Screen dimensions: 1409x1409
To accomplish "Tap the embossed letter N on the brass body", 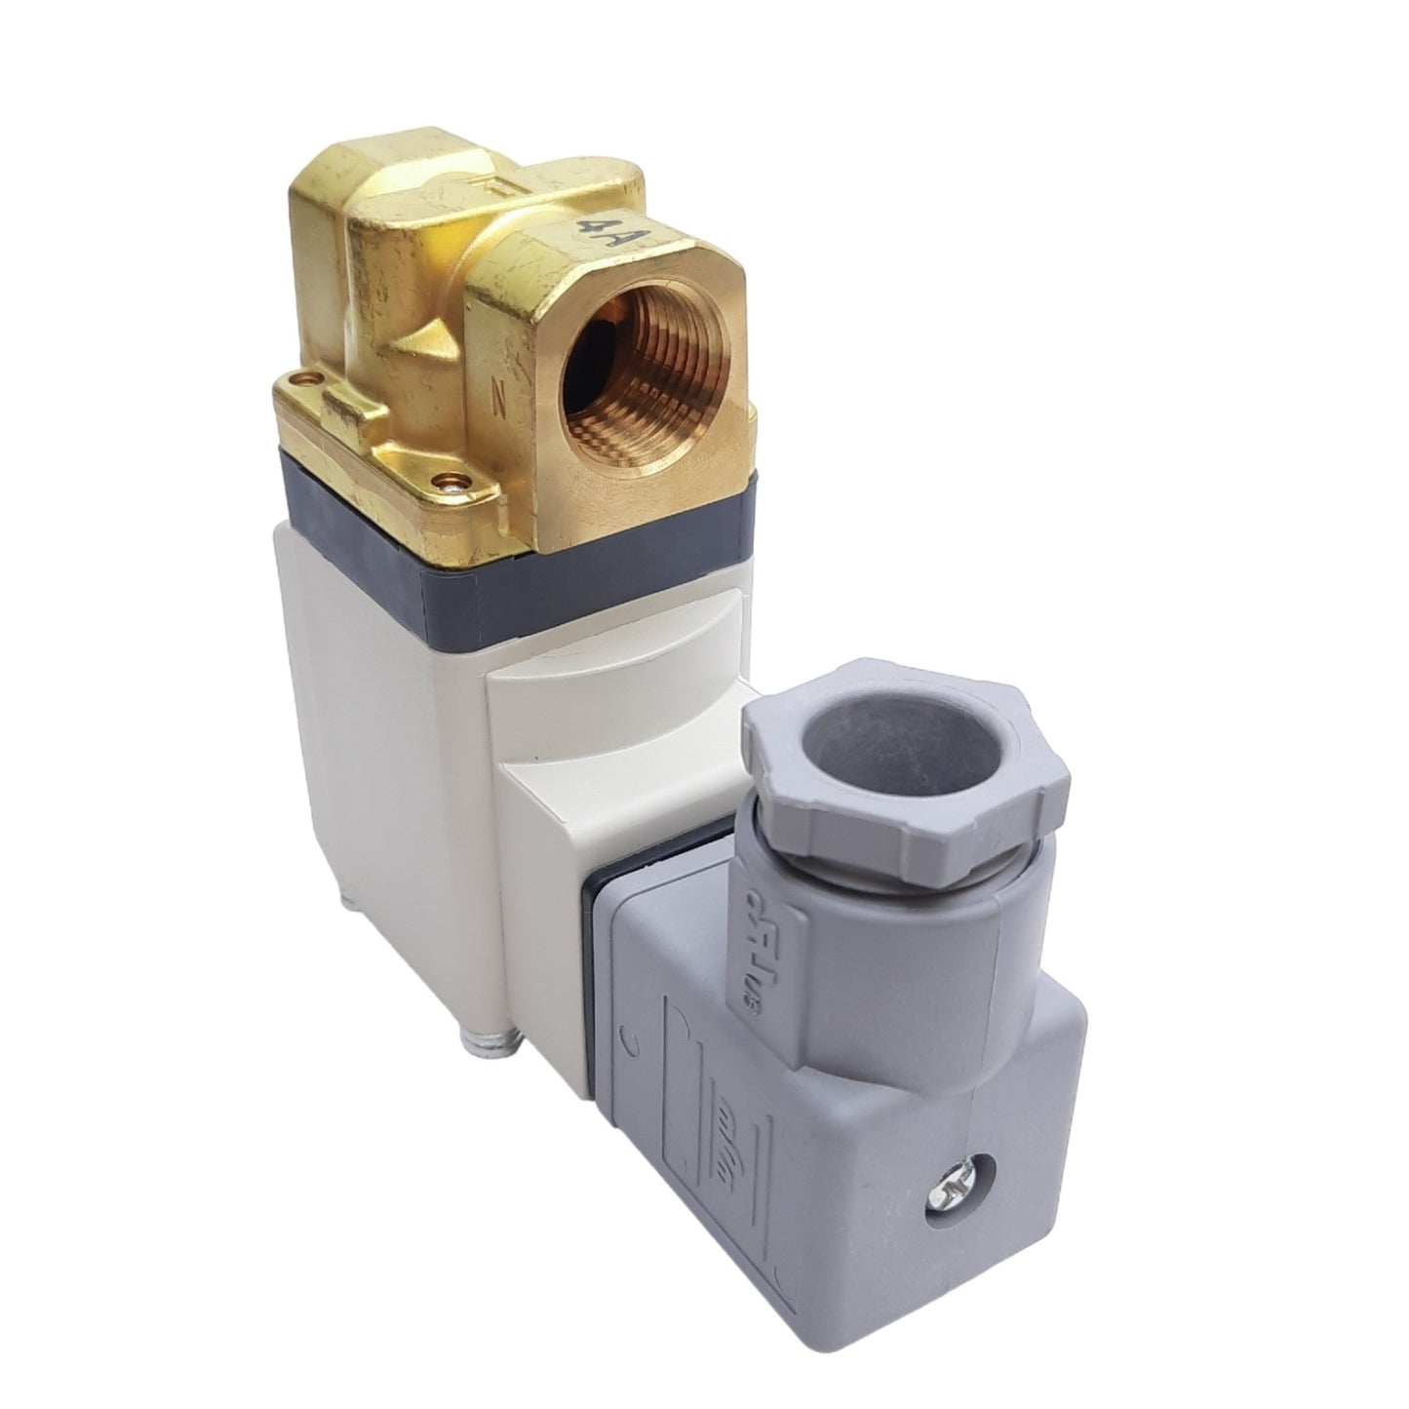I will pos(500,399).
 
